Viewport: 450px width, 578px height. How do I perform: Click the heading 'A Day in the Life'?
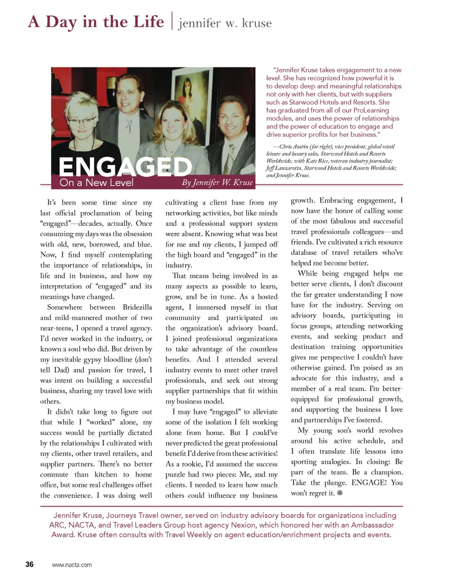pyautogui.click(x=96, y=22)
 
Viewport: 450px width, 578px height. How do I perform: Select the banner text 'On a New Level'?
pyautogui.click(x=97, y=183)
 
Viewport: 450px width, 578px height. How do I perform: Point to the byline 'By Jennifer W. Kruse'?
pyautogui.click(x=217, y=183)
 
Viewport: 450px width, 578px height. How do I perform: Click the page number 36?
pyautogui.click(x=30, y=564)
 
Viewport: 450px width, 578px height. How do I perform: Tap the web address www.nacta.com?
pyautogui.click(x=72, y=565)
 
